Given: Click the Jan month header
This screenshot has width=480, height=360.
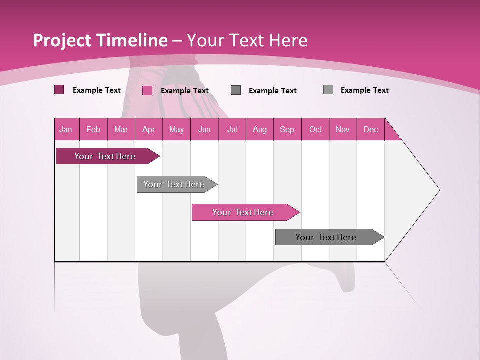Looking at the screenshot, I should point(66,129).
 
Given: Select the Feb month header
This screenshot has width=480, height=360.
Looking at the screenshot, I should point(93,129).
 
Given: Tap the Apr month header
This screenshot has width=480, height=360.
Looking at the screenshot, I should point(148,129).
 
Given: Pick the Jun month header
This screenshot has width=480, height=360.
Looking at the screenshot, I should point(204,129).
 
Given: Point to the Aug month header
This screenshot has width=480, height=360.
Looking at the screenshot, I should point(259,129).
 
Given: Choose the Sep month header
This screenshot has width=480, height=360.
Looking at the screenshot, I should point(287,129).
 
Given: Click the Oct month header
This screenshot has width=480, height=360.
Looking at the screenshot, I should point(315,129).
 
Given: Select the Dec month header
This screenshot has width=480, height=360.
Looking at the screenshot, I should point(370,129).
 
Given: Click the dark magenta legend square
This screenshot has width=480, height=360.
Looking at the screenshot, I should point(59,90).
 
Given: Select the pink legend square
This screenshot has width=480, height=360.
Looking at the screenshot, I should point(147,90).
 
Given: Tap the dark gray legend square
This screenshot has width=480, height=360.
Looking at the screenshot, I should point(236,90).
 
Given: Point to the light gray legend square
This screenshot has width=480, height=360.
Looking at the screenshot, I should point(328,90).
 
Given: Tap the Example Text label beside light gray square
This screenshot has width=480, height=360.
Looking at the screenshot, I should point(364,90).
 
